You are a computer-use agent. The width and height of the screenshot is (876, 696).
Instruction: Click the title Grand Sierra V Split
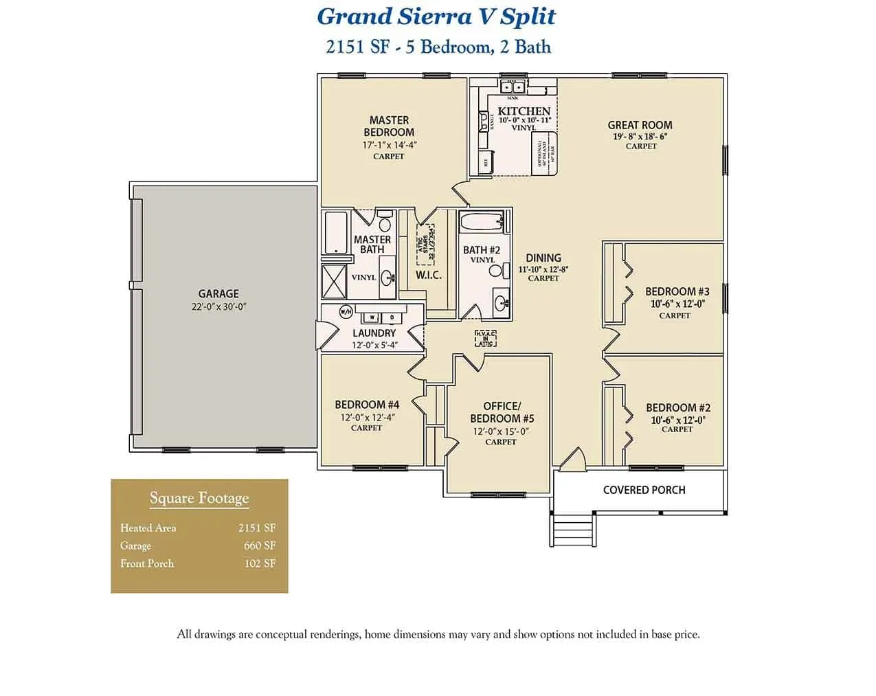pos(436,16)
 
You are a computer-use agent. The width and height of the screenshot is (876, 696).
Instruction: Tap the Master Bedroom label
pos(389,126)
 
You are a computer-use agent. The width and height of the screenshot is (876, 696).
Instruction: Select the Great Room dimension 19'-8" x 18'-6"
pos(640,136)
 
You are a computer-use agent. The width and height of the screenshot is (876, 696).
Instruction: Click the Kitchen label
pos(524,111)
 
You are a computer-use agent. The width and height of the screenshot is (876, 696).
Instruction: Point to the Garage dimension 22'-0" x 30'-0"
pos(218,307)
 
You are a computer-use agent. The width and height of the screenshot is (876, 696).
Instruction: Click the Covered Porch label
pos(644,490)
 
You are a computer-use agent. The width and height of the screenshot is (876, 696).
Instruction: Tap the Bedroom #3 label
pos(677,291)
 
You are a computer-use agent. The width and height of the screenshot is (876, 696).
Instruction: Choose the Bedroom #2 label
pos(677,407)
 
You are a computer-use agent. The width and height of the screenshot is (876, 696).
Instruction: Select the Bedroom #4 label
pos(367,405)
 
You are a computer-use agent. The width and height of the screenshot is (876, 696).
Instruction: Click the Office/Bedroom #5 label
pos(502,412)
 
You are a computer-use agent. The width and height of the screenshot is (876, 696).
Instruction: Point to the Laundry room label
pos(374,333)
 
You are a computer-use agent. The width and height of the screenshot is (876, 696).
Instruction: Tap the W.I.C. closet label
pos(428,275)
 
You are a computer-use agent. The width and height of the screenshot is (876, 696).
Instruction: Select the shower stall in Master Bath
pos(336,281)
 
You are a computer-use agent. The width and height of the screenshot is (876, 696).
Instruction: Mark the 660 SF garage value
pos(260,546)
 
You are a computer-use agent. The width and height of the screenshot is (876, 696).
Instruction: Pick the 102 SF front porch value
pos(260,563)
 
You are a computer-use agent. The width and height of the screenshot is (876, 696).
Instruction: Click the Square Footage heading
pos(199,498)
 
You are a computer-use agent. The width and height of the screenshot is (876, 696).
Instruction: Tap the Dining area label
pos(543,258)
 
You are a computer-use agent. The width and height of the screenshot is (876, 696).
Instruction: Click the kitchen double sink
pos(513,87)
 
